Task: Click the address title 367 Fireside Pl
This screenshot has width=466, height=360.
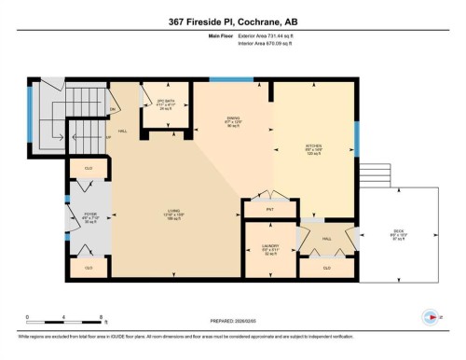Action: click(233, 21)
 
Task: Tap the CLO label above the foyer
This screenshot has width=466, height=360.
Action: click(89, 169)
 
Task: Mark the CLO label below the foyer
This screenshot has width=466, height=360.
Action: click(89, 268)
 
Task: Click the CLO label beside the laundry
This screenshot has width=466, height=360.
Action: click(326, 268)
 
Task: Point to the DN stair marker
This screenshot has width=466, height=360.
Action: click(113, 109)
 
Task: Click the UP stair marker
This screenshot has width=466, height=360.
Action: click(109, 138)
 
